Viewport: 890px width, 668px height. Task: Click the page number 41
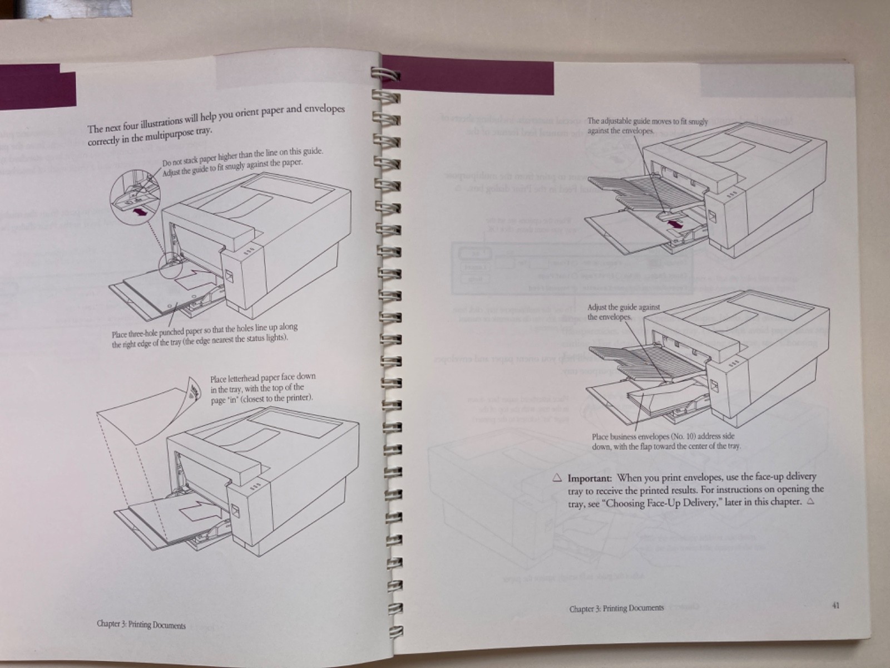click(835, 606)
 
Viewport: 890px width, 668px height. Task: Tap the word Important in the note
click(590, 478)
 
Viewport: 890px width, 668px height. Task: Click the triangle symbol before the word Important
click(557, 478)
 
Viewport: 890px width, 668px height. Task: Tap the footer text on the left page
click(141, 625)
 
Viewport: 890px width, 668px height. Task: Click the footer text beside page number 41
click(616, 608)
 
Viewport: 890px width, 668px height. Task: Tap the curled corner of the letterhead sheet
click(191, 390)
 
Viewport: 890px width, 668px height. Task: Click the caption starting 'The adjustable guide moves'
click(647, 126)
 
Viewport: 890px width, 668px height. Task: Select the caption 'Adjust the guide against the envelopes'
click(623, 312)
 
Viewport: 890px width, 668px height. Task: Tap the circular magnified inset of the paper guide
click(134, 197)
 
